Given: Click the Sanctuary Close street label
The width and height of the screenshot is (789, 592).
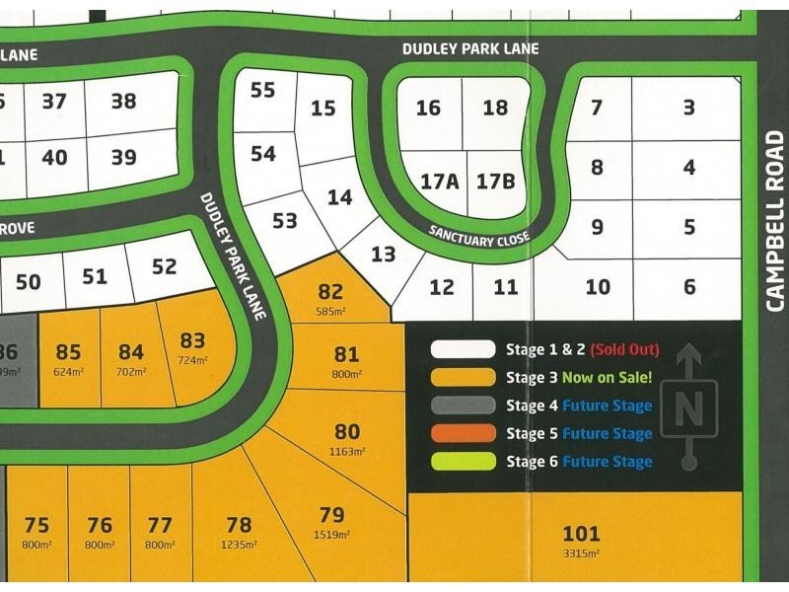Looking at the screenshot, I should click(x=479, y=236).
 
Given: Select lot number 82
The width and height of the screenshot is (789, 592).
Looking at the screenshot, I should click(x=330, y=291).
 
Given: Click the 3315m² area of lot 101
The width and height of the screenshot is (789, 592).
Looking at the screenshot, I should click(x=581, y=554).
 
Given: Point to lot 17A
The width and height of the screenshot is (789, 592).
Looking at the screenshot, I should click(x=440, y=182).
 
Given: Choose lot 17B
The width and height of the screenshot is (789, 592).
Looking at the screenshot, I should click(x=496, y=182).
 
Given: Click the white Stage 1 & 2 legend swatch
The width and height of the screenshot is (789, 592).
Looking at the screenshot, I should click(x=463, y=349).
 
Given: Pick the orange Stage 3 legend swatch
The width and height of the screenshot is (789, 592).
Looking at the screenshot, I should click(x=463, y=377).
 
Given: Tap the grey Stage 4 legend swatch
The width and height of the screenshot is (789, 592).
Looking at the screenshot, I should click(x=463, y=405).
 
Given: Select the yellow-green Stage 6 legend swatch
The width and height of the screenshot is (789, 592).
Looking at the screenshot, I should click(x=463, y=461).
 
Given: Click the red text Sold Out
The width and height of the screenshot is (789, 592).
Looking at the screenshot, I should click(x=624, y=349).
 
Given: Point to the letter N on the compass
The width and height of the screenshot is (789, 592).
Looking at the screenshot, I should click(x=690, y=405).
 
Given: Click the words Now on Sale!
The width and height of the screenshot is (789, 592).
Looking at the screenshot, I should click(x=607, y=377).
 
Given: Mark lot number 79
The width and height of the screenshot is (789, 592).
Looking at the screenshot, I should click(x=332, y=514).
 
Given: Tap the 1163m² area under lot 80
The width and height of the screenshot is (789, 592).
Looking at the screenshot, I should click(x=347, y=451).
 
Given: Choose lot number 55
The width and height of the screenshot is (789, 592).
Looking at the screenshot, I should click(x=262, y=90).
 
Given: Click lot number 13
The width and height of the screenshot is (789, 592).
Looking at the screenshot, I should click(x=384, y=255).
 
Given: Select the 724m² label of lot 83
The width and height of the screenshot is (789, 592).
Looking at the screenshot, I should click(x=192, y=361).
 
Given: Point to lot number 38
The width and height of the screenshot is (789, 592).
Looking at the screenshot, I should click(x=123, y=100).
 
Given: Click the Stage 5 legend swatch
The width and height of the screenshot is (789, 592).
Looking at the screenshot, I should click(x=463, y=433).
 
